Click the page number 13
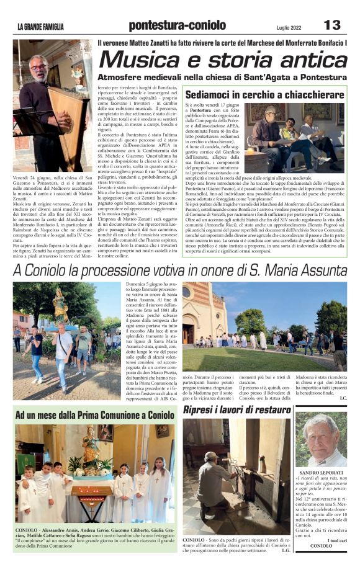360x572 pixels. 332,25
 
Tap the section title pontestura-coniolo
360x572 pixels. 177,25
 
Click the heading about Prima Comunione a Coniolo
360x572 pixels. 95,414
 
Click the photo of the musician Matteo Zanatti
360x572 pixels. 52,105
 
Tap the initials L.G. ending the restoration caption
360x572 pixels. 286,550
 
